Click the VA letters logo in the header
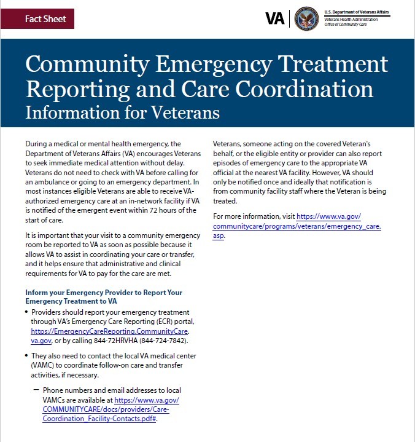[x=275, y=18]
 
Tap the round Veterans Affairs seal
[x=306, y=18]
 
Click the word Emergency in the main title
[x=220, y=65]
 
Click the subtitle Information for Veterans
[x=122, y=113]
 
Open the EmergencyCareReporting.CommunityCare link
[x=114, y=331]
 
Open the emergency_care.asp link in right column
[x=297, y=226]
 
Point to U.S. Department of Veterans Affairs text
[x=357, y=12]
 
